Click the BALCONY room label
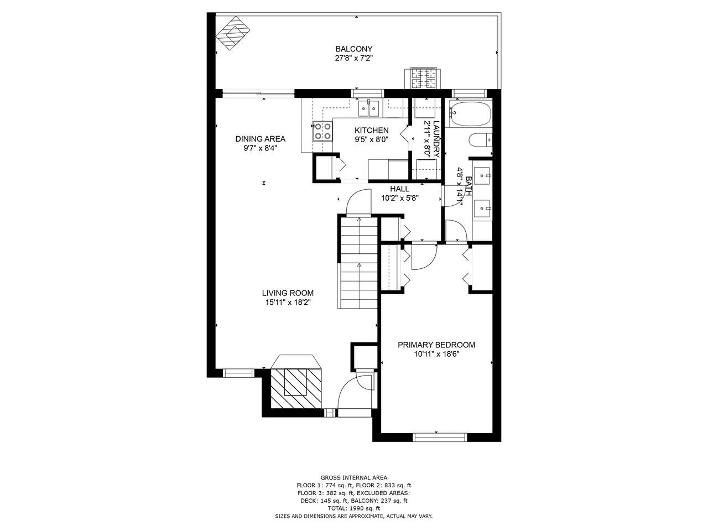tap(353, 49)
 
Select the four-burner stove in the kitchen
tap(322, 131)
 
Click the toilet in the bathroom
tap(480, 140)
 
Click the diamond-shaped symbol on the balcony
tap(232, 33)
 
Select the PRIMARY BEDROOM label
tap(436, 345)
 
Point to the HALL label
tap(399, 189)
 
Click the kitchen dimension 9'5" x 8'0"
tap(371, 139)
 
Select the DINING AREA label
tap(260, 139)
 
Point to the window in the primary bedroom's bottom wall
tap(440, 437)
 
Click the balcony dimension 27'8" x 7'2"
tap(353, 59)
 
